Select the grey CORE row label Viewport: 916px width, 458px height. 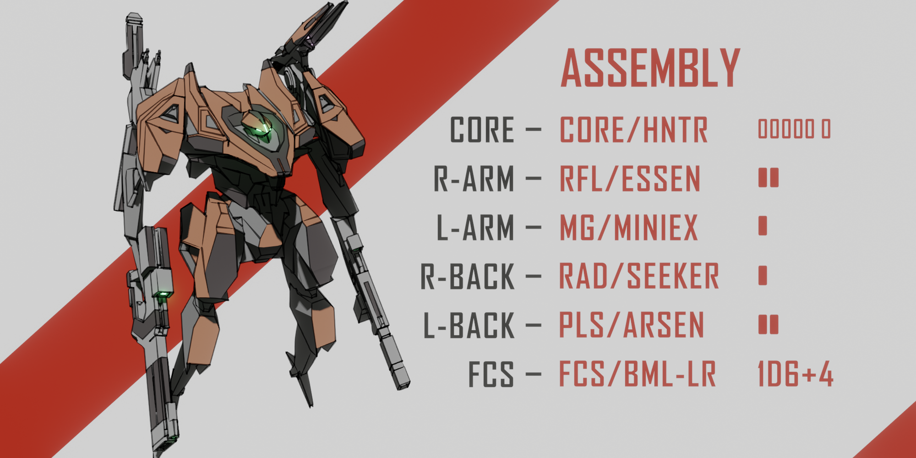click(x=482, y=130)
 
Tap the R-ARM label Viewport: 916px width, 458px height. click(x=474, y=179)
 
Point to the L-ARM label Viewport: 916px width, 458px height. click(x=475, y=228)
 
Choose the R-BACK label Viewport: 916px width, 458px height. click(x=467, y=277)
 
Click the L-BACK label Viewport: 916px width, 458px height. click(x=469, y=326)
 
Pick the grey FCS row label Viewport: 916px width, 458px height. click(x=491, y=375)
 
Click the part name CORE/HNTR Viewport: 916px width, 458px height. click(x=633, y=130)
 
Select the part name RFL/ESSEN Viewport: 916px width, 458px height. click(x=630, y=179)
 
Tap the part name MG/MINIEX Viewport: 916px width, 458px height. click(x=628, y=228)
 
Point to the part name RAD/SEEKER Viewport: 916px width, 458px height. click(x=639, y=277)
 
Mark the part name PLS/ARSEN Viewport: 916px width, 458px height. click(x=631, y=326)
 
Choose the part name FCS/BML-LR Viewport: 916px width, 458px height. click(x=637, y=375)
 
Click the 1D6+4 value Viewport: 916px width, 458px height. click(x=796, y=375)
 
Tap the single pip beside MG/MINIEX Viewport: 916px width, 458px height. click(x=763, y=226)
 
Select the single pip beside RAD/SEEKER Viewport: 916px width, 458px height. click(x=763, y=275)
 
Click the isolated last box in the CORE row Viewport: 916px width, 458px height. click(x=826, y=129)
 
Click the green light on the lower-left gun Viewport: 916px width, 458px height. click(x=162, y=294)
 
